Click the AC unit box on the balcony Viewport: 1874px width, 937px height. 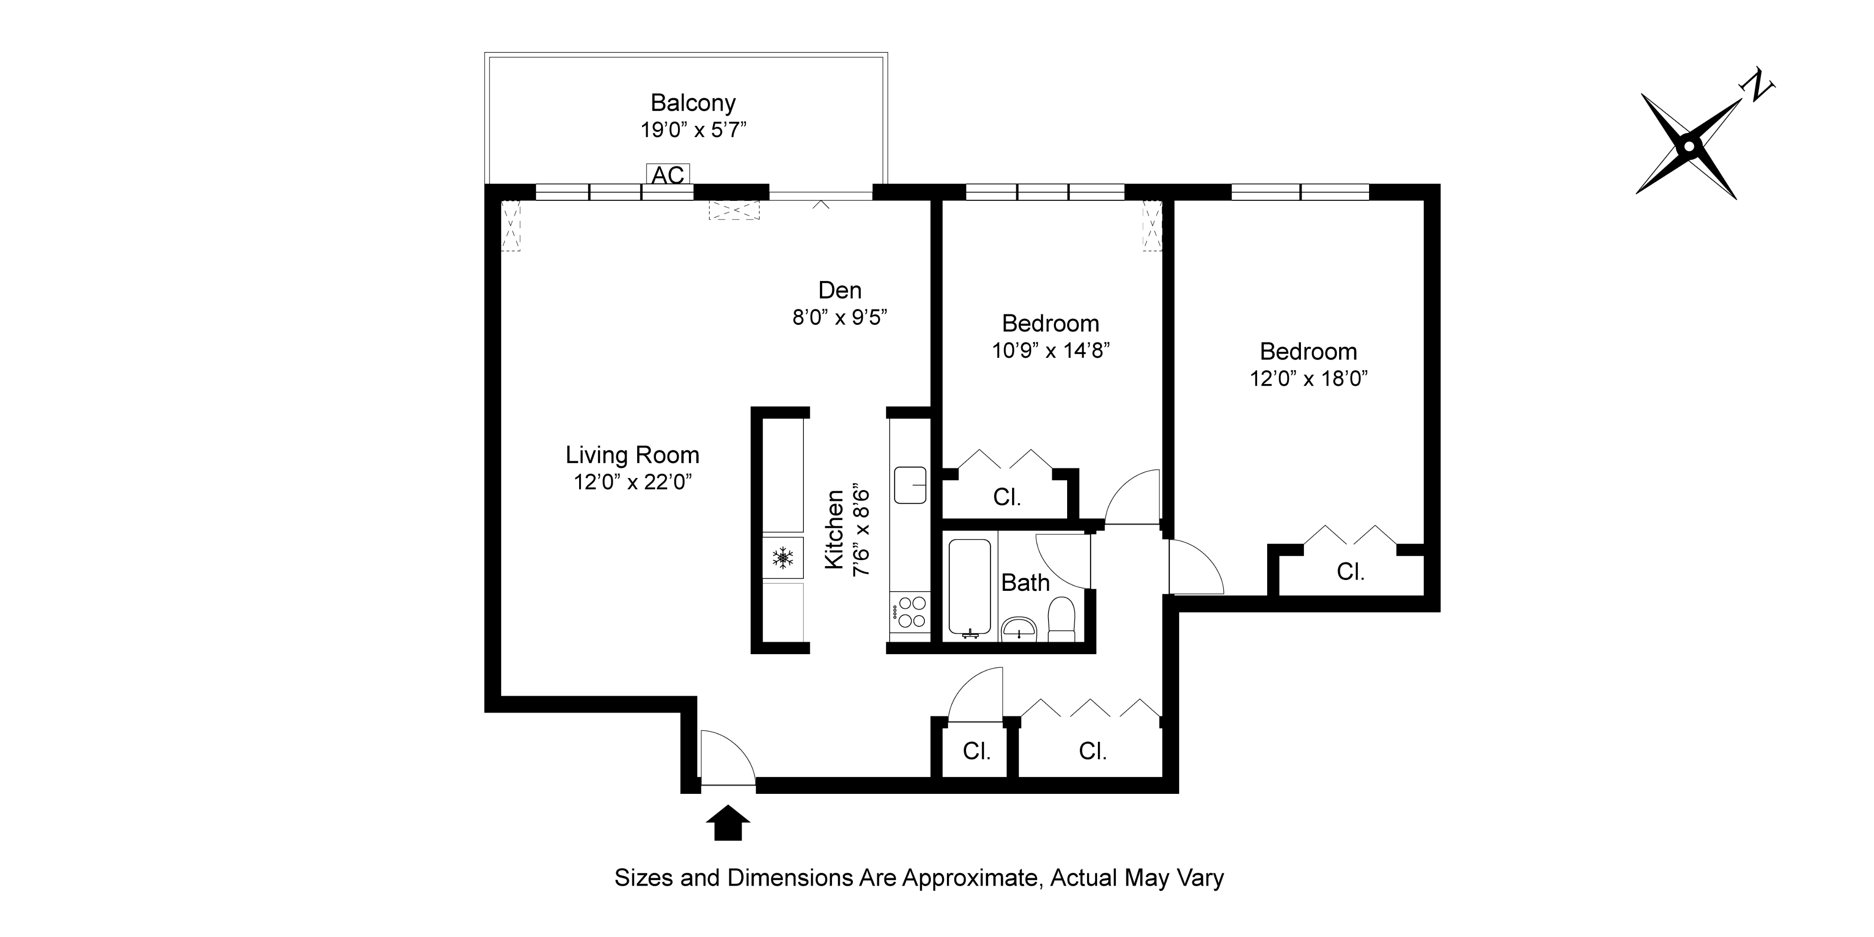click(668, 174)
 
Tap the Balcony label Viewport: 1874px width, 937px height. click(693, 102)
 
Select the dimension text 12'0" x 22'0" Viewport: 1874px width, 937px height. click(632, 482)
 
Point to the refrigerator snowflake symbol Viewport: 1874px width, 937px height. click(783, 558)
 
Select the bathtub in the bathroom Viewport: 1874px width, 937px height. click(970, 587)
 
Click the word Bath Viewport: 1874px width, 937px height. click(1026, 583)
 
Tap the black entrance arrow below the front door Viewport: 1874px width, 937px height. click(727, 823)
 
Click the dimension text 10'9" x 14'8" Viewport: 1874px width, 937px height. click(1051, 351)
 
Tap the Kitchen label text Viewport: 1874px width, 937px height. click(834, 529)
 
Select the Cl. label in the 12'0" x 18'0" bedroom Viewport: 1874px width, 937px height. click(1350, 572)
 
